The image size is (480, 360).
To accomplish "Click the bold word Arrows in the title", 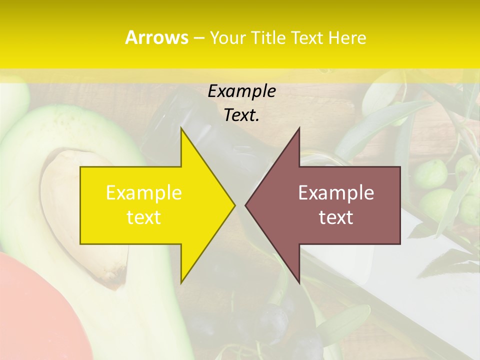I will coord(156,37).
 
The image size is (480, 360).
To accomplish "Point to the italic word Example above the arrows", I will coord(241,91).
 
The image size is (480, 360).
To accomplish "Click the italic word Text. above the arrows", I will coord(241,115).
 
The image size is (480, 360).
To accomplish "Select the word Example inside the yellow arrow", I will coord(144,193).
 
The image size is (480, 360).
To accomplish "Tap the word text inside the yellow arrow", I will coord(144,217).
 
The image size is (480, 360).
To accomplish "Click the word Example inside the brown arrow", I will coord(336,193).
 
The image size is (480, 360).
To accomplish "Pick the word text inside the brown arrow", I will coord(336,217).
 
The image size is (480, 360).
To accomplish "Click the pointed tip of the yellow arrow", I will coord(234,205).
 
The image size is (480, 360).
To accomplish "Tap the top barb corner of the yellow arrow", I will coord(181,129).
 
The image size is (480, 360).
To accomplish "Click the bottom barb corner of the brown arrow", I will coord(299,282).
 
